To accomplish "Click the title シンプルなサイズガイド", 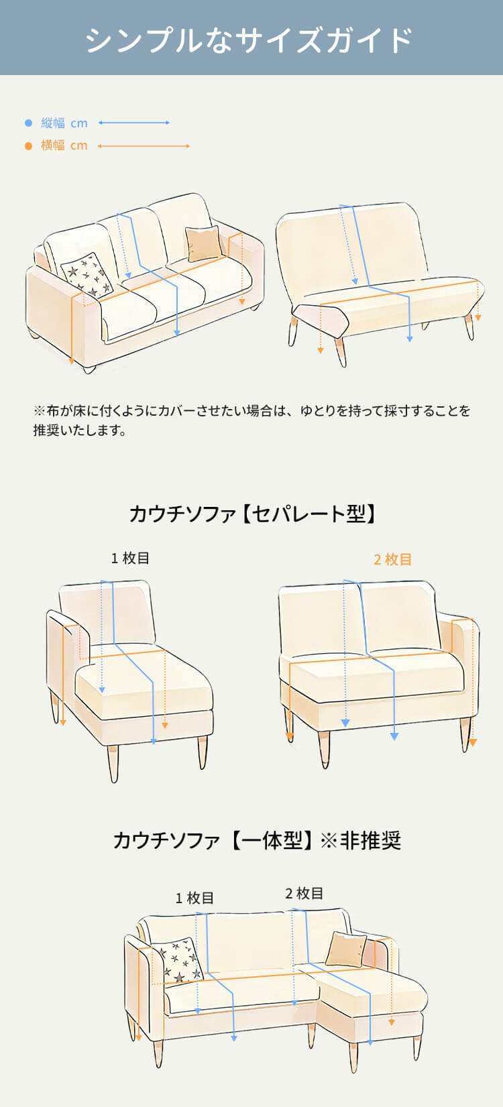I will point(249,39).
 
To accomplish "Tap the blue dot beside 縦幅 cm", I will point(28,123).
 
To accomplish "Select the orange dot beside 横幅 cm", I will point(28,145).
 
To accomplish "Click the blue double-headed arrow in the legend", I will point(133,123).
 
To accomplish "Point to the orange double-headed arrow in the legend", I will point(144,145).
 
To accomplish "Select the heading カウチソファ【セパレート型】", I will point(251,514).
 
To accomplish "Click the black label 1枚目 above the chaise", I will point(130,558).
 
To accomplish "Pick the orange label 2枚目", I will point(392,559).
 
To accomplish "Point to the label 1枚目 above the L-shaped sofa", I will point(194,898).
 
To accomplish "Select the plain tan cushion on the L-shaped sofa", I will point(347,949).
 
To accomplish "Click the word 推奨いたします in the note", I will point(80,430).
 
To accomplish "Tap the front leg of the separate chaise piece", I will point(113,763).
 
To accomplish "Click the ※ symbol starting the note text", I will point(39,410).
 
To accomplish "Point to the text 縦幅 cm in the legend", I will point(64,123).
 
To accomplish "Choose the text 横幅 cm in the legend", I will point(64,145).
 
